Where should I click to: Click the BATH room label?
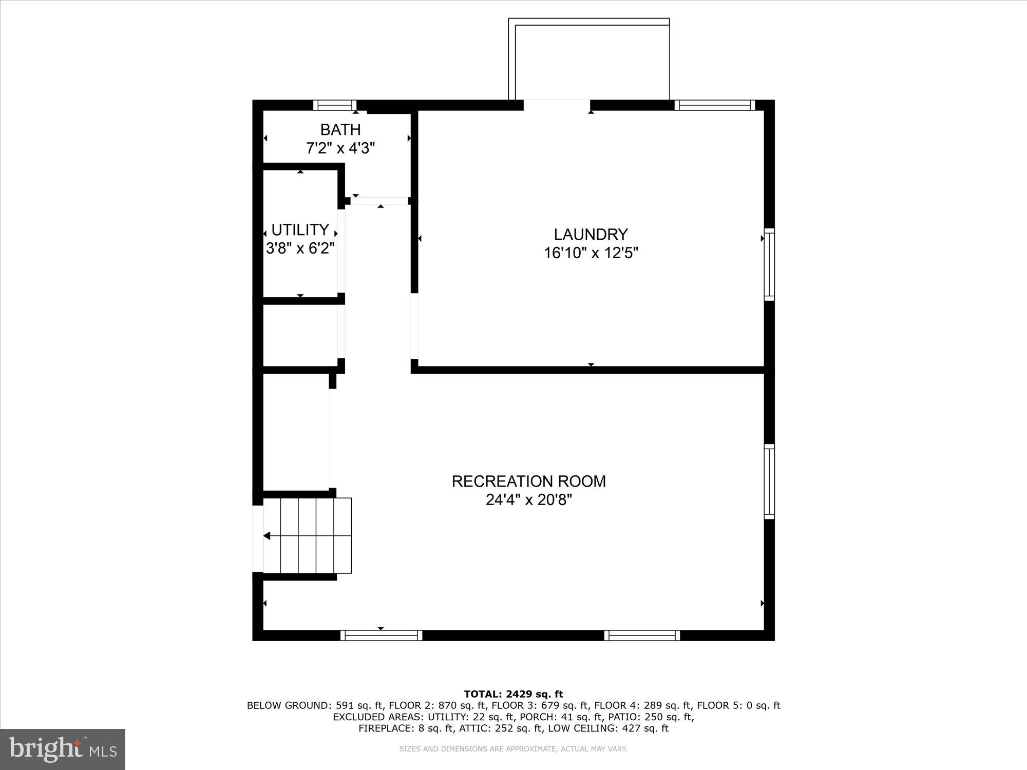click(x=340, y=129)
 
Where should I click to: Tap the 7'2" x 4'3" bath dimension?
click(x=340, y=148)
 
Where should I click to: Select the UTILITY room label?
click(x=300, y=229)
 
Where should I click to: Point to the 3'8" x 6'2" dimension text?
click(x=300, y=248)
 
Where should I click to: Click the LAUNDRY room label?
click(x=591, y=235)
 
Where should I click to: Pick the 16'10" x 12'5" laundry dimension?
click(x=591, y=253)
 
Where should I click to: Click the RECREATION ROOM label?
click(x=528, y=482)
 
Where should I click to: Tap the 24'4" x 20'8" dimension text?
click(x=528, y=500)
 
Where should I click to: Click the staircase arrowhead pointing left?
click(x=267, y=536)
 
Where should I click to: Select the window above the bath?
click(x=334, y=105)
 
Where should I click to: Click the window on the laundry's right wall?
click(x=769, y=264)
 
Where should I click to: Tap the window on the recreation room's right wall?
click(x=769, y=482)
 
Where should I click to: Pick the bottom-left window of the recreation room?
click(x=381, y=636)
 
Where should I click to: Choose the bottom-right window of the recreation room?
click(x=642, y=636)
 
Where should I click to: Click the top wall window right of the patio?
click(x=714, y=105)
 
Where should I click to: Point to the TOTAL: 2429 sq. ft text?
click(x=513, y=695)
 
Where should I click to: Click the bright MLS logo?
click(x=63, y=749)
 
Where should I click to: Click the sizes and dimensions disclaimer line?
click(x=513, y=749)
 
